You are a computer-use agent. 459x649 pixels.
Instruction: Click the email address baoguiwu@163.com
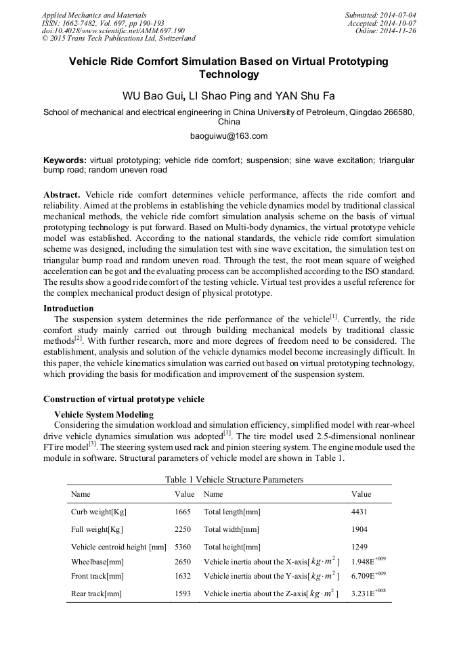229,136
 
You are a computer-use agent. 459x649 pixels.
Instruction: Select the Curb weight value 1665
183,512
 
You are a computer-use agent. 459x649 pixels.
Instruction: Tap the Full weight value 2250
183,529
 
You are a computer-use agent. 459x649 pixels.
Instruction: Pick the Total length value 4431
359,512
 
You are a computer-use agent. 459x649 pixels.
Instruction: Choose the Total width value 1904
359,529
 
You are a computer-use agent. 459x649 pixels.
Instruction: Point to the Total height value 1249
359,547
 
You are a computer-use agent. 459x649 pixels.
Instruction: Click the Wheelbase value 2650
183,562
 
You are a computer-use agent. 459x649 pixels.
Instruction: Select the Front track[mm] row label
97,576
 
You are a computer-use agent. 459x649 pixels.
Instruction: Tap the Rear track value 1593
183,594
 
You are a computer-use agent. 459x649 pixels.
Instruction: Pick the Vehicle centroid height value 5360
183,547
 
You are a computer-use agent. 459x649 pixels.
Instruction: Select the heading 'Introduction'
68,309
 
